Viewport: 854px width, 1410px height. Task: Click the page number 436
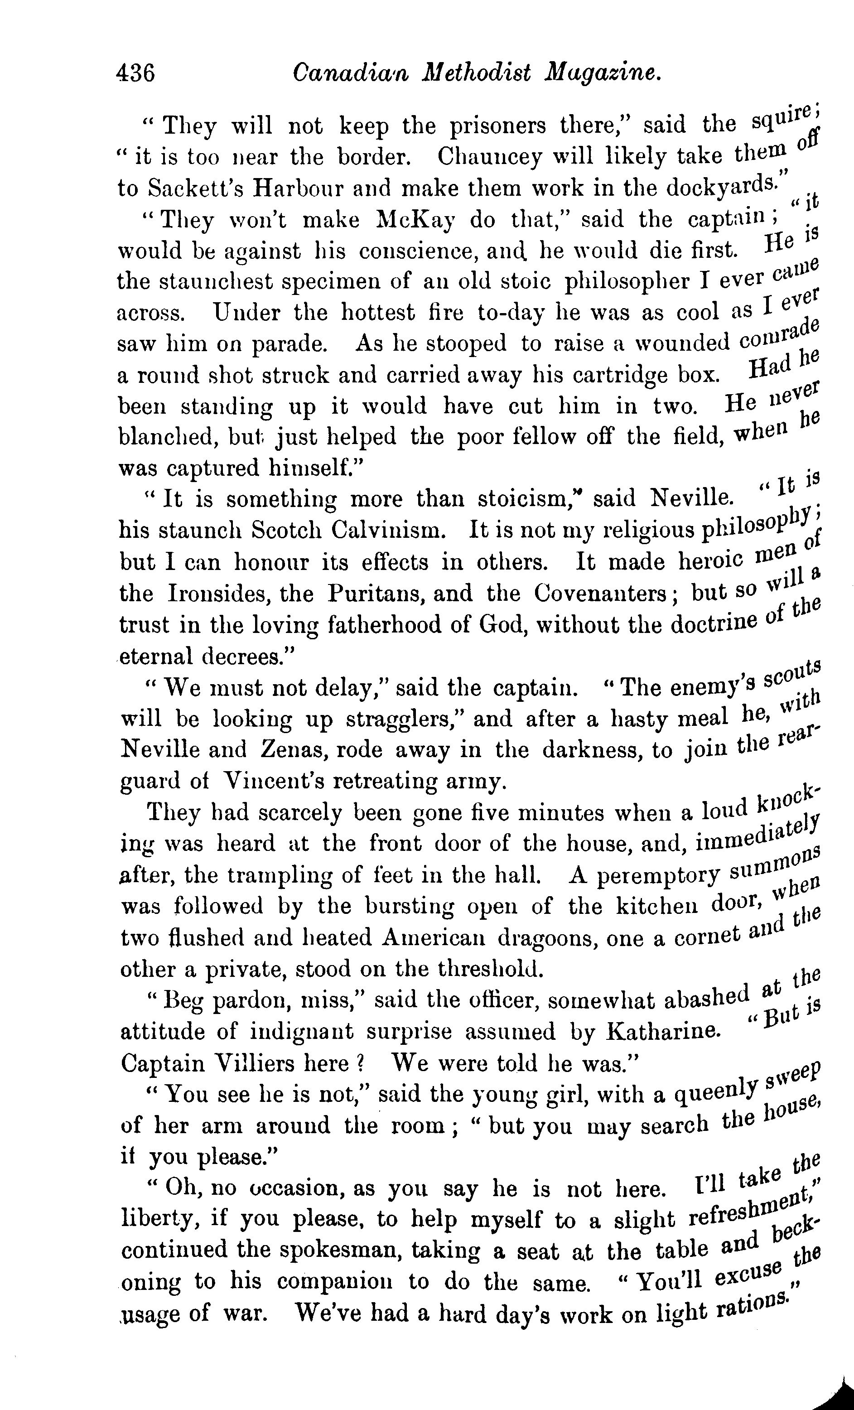coord(135,73)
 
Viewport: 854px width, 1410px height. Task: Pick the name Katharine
coord(663,1032)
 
